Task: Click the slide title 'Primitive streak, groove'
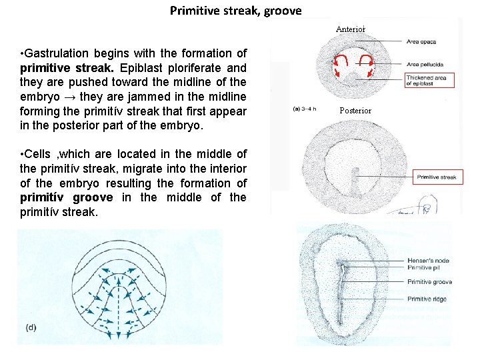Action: (x=236, y=11)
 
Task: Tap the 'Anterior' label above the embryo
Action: (x=351, y=29)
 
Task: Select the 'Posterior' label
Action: (x=355, y=110)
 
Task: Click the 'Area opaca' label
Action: (x=421, y=42)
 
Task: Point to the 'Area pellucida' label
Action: (x=425, y=65)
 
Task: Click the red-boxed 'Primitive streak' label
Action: (x=437, y=177)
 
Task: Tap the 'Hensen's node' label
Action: (x=429, y=260)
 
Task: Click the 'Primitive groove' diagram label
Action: (x=429, y=282)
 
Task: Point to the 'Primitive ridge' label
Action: (x=427, y=299)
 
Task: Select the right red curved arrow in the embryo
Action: (x=366, y=63)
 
